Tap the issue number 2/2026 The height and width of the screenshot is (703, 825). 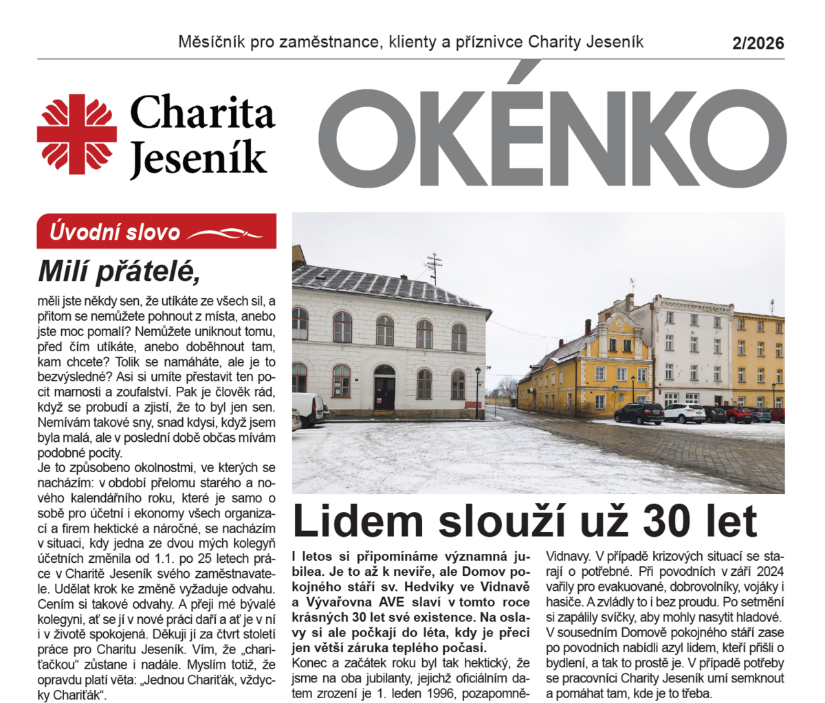[x=758, y=43]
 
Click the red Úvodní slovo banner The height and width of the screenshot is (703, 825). [x=157, y=232]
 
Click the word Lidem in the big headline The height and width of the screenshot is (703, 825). [x=347, y=522]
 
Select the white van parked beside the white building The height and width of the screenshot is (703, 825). [x=309, y=409]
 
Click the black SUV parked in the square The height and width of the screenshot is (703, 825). [x=639, y=413]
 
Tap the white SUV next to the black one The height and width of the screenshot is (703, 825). [x=683, y=412]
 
